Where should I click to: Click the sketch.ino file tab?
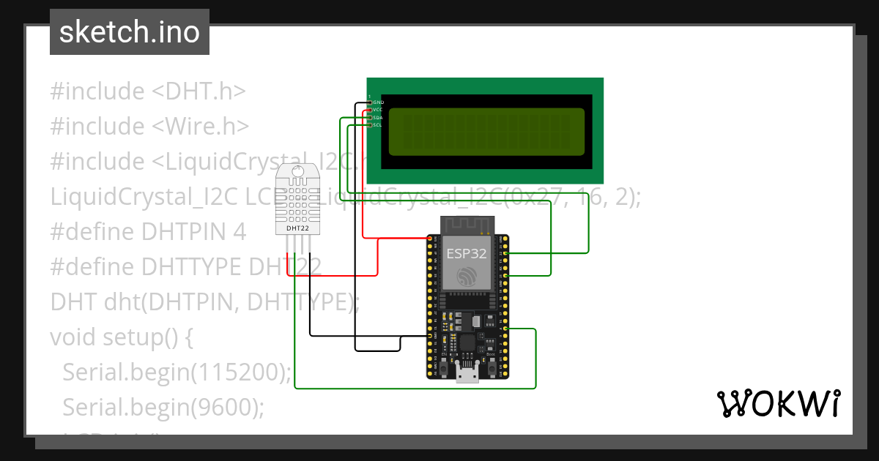pyautogui.click(x=130, y=32)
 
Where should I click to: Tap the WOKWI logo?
pyautogui.click(x=778, y=403)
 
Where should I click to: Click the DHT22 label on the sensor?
pyautogui.click(x=297, y=228)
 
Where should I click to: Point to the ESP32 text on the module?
pyautogui.click(x=467, y=254)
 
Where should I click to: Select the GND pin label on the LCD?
pyautogui.click(x=378, y=102)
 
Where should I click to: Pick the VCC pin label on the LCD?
pyautogui.click(x=378, y=109)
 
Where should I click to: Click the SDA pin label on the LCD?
pyautogui.click(x=378, y=117)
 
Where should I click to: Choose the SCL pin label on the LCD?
pyautogui.click(x=378, y=125)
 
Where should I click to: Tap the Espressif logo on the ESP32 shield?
pyautogui.click(x=467, y=277)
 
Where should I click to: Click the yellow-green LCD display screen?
pyautogui.click(x=486, y=132)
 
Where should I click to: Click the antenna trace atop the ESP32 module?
pyautogui.click(x=467, y=225)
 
